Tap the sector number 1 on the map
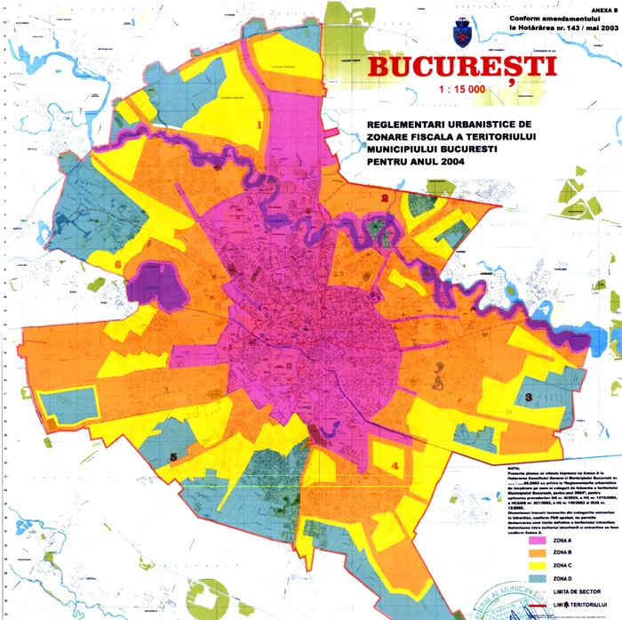pos(259,125)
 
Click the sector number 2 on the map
pos(385,198)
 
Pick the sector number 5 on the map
pos(173,457)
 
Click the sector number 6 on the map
pos(117,264)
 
